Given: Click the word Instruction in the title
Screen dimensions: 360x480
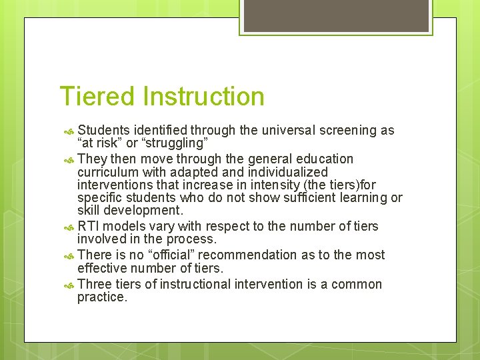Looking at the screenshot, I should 203,97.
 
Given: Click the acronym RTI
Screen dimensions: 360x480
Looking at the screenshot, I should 89,227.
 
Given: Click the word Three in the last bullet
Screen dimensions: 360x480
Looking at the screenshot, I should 94,285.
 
